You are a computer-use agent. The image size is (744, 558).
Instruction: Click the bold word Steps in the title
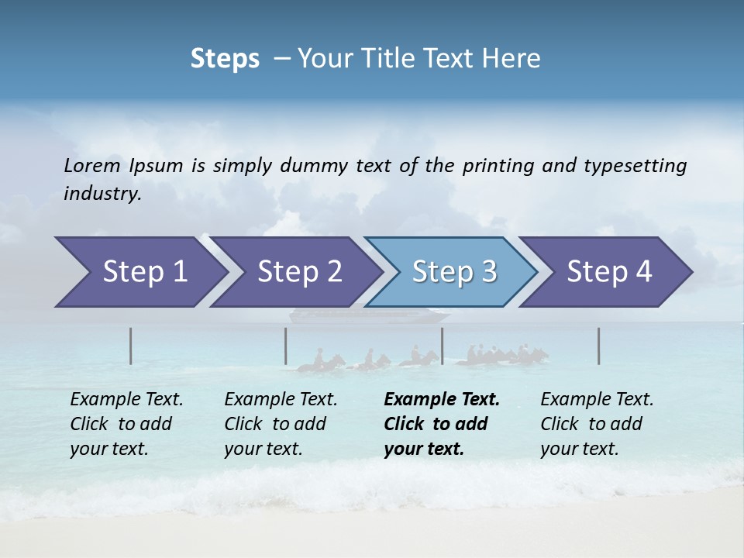click(225, 59)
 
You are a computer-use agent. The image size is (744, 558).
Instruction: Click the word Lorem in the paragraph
click(91, 166)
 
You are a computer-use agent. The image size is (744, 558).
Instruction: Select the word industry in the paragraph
click(102, 194)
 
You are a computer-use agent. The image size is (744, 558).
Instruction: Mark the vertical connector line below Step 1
click(131, 346)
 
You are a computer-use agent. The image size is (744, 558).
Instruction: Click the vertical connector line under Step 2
click(286, 346)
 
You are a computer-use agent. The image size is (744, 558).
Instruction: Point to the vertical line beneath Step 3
click(443, 346)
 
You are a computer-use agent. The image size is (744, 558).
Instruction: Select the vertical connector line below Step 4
click(599, 346)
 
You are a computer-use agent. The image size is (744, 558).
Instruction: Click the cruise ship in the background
click(369, 316)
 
